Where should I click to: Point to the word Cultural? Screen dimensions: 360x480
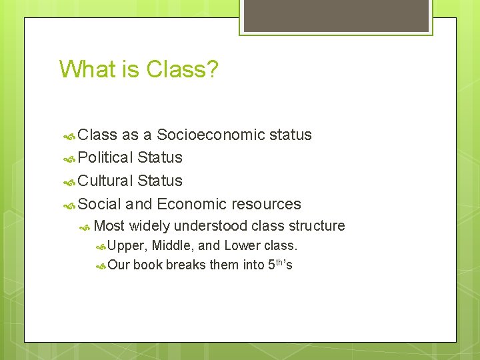[105, 181]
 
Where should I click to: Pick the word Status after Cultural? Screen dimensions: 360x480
[159, 181]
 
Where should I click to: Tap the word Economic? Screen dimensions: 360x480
[191, 204]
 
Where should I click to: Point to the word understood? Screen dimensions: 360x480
[213, 226]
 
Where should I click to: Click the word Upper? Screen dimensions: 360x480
[127, 246]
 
